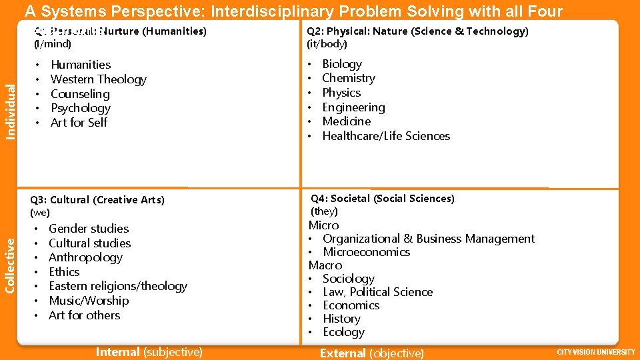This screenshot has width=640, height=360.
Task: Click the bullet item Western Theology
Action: coord(98,79)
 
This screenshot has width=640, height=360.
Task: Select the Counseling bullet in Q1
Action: coord(80,94)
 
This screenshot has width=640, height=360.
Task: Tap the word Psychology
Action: coord(81,108)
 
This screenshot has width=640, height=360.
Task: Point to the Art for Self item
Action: coord(79,123)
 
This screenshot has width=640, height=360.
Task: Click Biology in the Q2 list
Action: coord(342,64)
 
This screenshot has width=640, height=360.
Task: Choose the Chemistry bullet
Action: coord(349,78)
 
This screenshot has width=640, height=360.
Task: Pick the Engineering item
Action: coord(353,107)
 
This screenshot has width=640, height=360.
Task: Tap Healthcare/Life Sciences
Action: coord(386,136)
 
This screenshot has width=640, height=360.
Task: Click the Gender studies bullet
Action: coord(89,229)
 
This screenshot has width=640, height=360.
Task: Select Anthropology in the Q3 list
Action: coord(86,257)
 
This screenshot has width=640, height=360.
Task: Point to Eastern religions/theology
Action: coord(118,286)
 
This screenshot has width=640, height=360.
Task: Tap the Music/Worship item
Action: coord(89,301)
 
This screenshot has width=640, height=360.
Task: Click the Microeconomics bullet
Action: coord(366,252)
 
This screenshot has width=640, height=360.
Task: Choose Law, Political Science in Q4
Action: coord(377,292)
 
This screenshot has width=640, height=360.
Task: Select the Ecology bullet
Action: coord(343,332)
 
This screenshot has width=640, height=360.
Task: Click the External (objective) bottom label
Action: coord(371,353)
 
